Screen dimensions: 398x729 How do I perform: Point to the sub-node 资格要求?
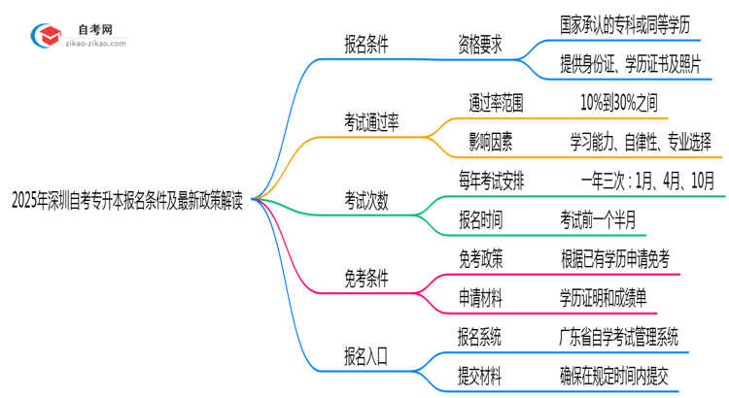click(x=481, y=45)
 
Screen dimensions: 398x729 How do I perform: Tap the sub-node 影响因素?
click(x=491, y=142)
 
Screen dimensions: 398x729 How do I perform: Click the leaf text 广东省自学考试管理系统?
click(x=619, y=337)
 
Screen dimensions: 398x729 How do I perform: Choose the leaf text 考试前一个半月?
click(x=598, y=220)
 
